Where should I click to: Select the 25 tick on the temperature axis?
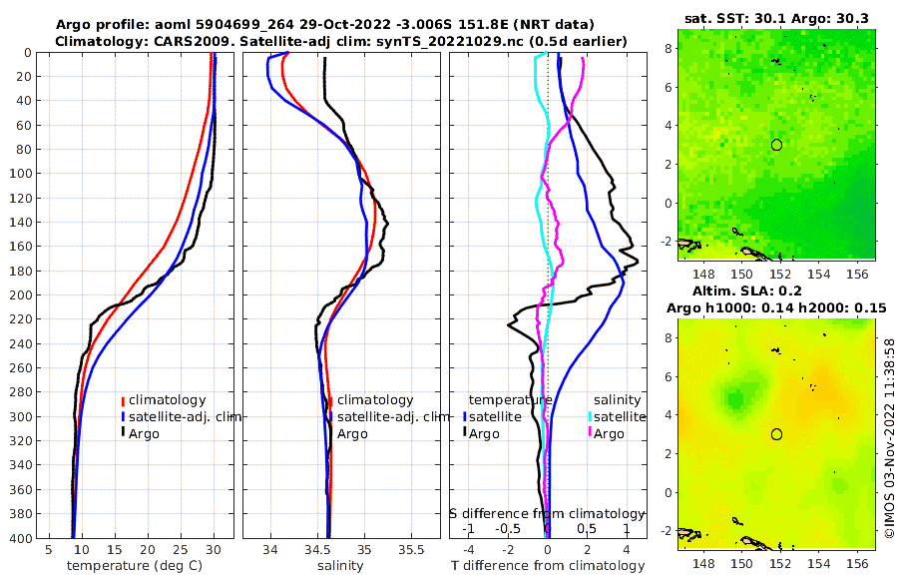coord(181,550)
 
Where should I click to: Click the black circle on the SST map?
coord(776,145)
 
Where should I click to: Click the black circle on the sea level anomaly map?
coord(776,434)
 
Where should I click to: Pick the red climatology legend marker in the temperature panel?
coord(123,400)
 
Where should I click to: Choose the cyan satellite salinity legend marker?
coord(591,416)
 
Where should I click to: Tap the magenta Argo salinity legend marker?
coord(591,433)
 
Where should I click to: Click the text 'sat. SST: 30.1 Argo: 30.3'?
coord(775,19)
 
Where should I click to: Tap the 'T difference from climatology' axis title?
coord(549,566)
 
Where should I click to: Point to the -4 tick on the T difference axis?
coord(469,550)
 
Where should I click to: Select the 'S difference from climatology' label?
coord(547,513)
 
